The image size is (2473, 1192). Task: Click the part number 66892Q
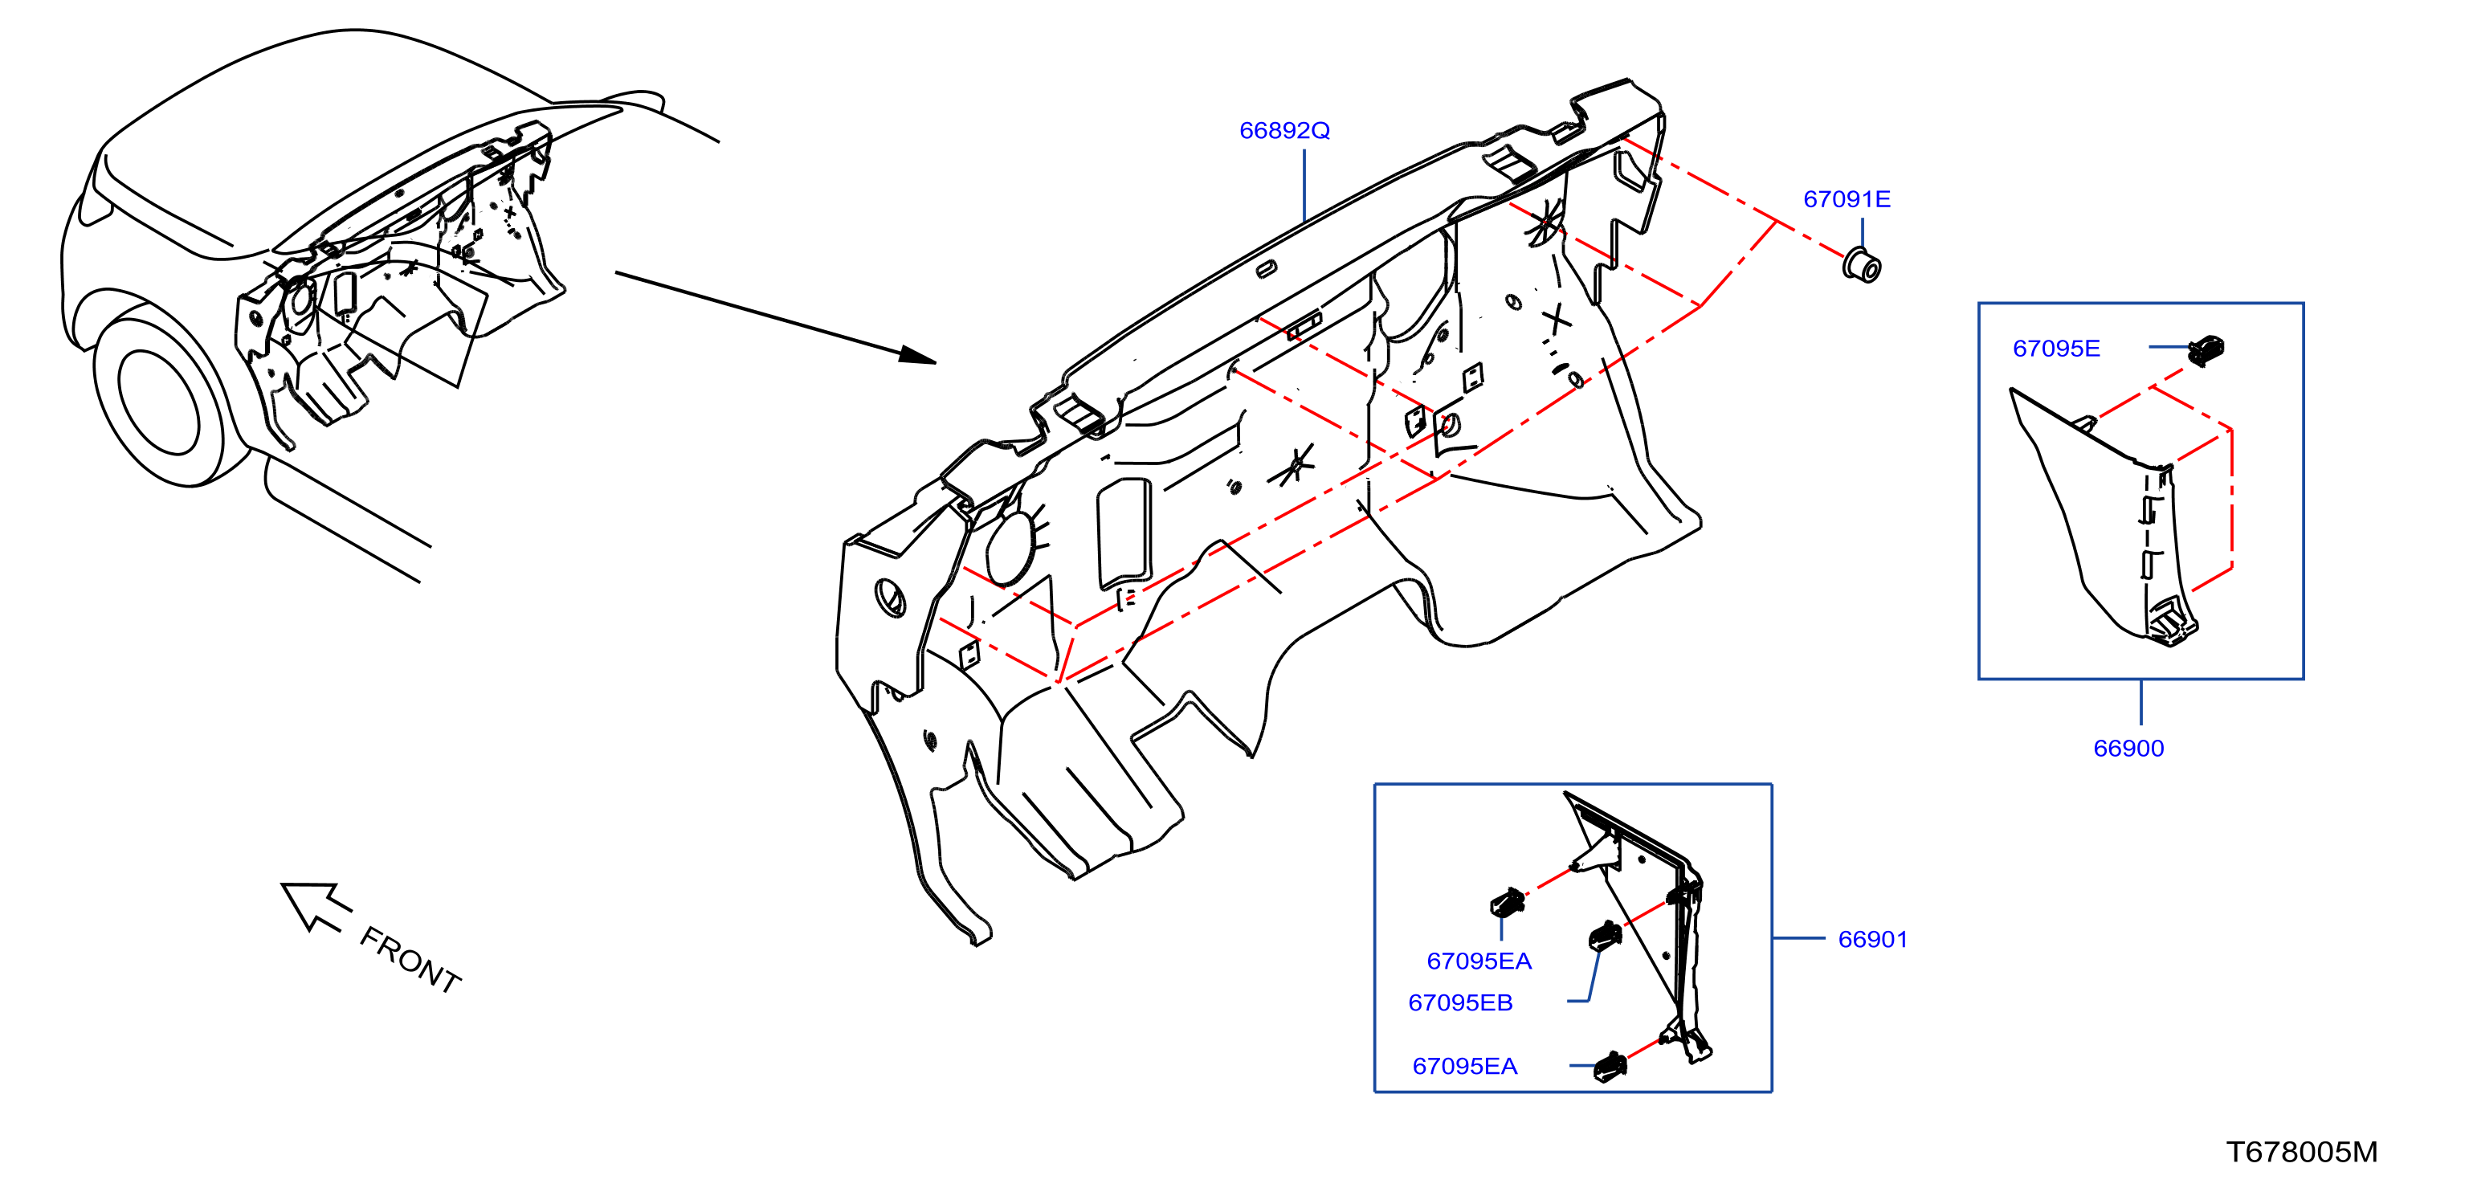1284,130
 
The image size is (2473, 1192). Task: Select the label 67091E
1847,200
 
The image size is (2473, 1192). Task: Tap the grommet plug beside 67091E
1863,265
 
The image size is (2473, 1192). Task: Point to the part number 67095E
2056,349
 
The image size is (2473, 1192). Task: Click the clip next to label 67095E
2206,349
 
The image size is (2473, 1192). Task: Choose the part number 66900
2128,749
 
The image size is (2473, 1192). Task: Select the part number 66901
1872,940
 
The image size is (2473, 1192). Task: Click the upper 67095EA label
1479,961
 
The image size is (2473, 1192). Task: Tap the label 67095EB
1460,1003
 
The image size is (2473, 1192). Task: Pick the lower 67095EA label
1465,1066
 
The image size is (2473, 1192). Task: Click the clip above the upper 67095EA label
1508,902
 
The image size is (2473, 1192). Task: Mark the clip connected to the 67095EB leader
1605,935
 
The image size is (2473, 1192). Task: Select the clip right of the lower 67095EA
1610,1066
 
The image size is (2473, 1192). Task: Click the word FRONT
410,960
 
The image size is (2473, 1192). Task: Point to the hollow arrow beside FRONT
314,904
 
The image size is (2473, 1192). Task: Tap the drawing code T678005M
2301,1152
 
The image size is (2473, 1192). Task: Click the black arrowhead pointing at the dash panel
916,354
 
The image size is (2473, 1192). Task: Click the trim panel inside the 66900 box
2104,518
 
